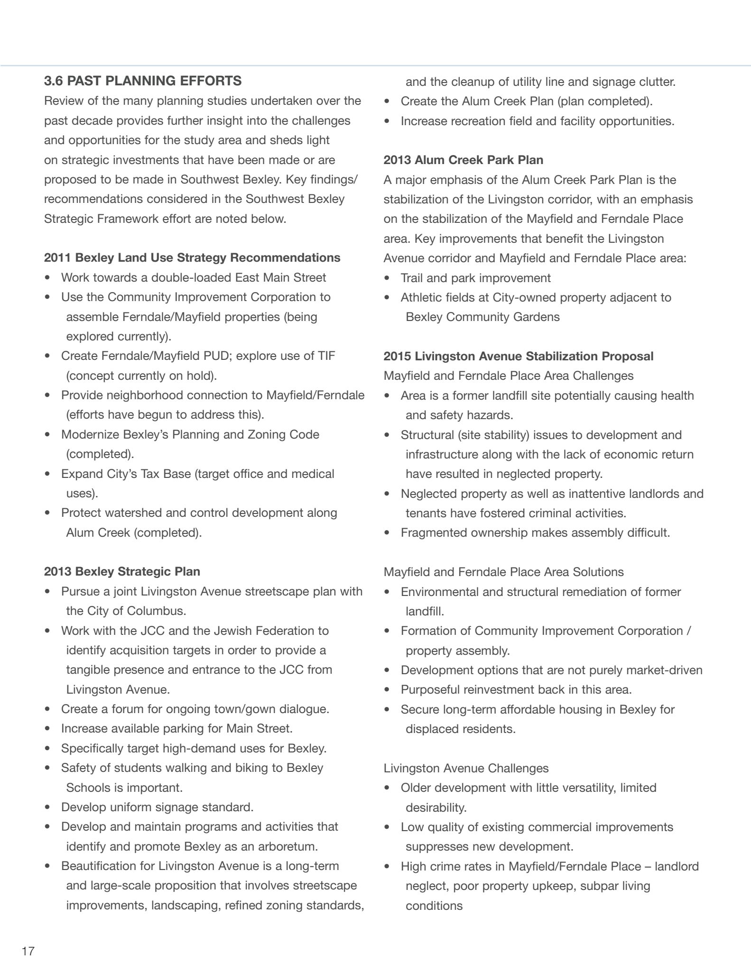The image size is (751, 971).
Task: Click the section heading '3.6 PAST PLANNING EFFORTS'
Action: pyautogui.click(x=143, y=81)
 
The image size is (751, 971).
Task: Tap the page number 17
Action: pyautogui.click(x=28, y=951)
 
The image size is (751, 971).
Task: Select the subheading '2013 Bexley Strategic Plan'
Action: pyautogui.click(x=122, y=571)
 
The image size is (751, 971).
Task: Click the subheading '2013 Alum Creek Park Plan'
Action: pyautogui.click(x=464, y=160)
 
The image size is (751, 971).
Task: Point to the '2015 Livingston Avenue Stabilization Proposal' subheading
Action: pyautogui.click(x=519, y=356)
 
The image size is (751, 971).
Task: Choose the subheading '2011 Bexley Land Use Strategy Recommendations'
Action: pyautogui.click(x=192, y=257)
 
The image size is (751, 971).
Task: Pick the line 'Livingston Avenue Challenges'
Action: pyautogui.click(x=466, y=768)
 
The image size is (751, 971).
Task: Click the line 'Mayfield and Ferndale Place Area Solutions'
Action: pyautogui.click(x=503, y=572)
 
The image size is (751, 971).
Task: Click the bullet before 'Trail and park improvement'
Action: pyautogui.click(x=388, y=278)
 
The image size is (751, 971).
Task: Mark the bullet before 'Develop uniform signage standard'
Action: pyautogui.click(x=47, y=807)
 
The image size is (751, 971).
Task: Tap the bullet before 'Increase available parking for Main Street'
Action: pyautogui.click(x=47, y=728)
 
